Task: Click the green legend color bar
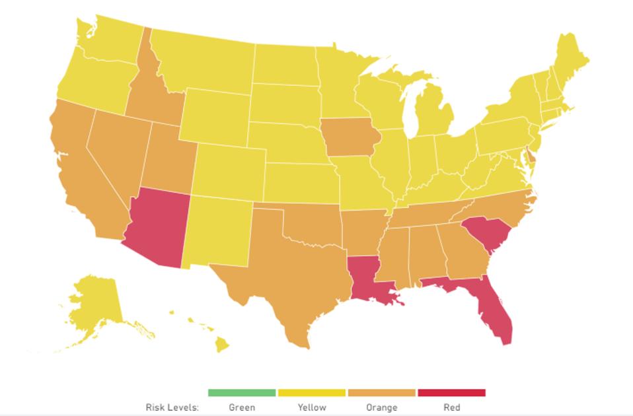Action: [242, 393]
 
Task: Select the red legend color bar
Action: [451, 393]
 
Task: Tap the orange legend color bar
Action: [382, 393]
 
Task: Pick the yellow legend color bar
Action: [312, 393]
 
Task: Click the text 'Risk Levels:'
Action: [172, 407]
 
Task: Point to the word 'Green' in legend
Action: [242, 407]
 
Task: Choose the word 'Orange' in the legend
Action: [382, 407]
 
